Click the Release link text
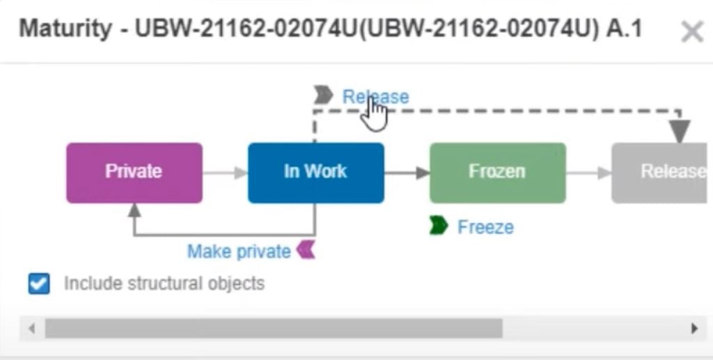click(x=375, y=97)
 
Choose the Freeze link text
click(x=485, y=227)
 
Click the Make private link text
click(x=239, y=251)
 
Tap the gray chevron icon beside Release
click(x=323, y=95)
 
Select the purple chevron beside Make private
click(x=306, y=249)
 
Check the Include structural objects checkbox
click(x=39, y=284)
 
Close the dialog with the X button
click(x=691, y=31)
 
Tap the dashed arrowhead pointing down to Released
click(x=680, y=131)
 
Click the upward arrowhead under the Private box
click(x=135, y=210)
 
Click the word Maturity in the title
click(x=65, y=29)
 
